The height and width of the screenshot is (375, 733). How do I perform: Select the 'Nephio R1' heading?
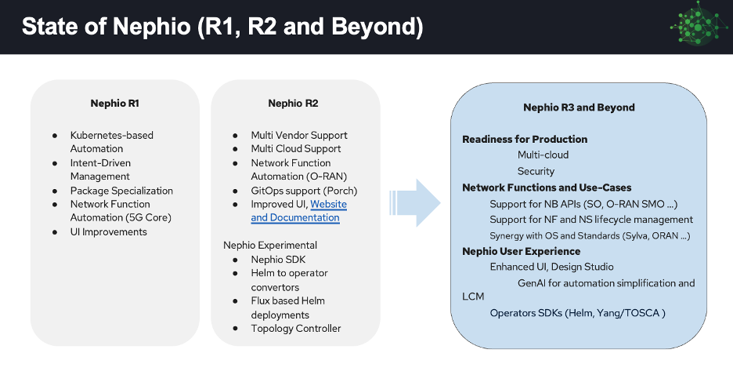tap(115, 103)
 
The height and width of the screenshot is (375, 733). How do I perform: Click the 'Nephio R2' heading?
tap(293, 103)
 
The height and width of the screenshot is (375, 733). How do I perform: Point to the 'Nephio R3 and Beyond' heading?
tap(579, 107)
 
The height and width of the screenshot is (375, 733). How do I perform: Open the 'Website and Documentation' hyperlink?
tap(298, 210)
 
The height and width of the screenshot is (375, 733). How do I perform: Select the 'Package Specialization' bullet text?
tap(121, 191)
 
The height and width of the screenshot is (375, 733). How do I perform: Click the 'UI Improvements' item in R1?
tap(109, 231)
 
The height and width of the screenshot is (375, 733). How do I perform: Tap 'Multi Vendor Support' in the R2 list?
tap(299, 135)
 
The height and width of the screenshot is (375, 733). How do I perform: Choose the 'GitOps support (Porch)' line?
tap(304, 191)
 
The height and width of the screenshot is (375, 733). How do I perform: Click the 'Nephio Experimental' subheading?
tap(270, 245)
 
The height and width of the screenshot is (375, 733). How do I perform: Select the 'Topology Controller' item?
tap(296, 328)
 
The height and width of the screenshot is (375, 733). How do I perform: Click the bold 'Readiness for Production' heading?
tap(525, 139)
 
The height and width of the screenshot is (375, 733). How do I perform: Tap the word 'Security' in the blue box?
tap(536, 171)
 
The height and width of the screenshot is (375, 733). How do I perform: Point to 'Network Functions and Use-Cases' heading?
tap(547, 187)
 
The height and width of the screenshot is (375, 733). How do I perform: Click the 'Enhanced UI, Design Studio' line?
tap(551, 267)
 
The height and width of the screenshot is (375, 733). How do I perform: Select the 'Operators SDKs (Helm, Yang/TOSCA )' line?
tap(577, 313)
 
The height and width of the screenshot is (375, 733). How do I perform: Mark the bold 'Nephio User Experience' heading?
tap(522, 251)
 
